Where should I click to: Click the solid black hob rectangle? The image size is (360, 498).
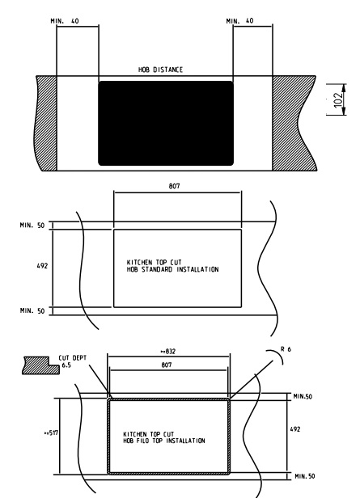point(166,123)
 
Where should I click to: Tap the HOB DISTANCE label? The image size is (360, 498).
point(160,70)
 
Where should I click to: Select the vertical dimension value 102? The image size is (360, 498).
point(339,99)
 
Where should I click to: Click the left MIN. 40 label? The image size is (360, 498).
point(65,21)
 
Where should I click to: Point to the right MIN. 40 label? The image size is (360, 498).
point(240,21)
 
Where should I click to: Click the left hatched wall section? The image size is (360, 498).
point(46,123)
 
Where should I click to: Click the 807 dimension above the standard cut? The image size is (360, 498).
point(174,186)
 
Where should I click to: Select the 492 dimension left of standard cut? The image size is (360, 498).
point(42,265)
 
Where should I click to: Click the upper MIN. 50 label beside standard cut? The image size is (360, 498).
point(32,226)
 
